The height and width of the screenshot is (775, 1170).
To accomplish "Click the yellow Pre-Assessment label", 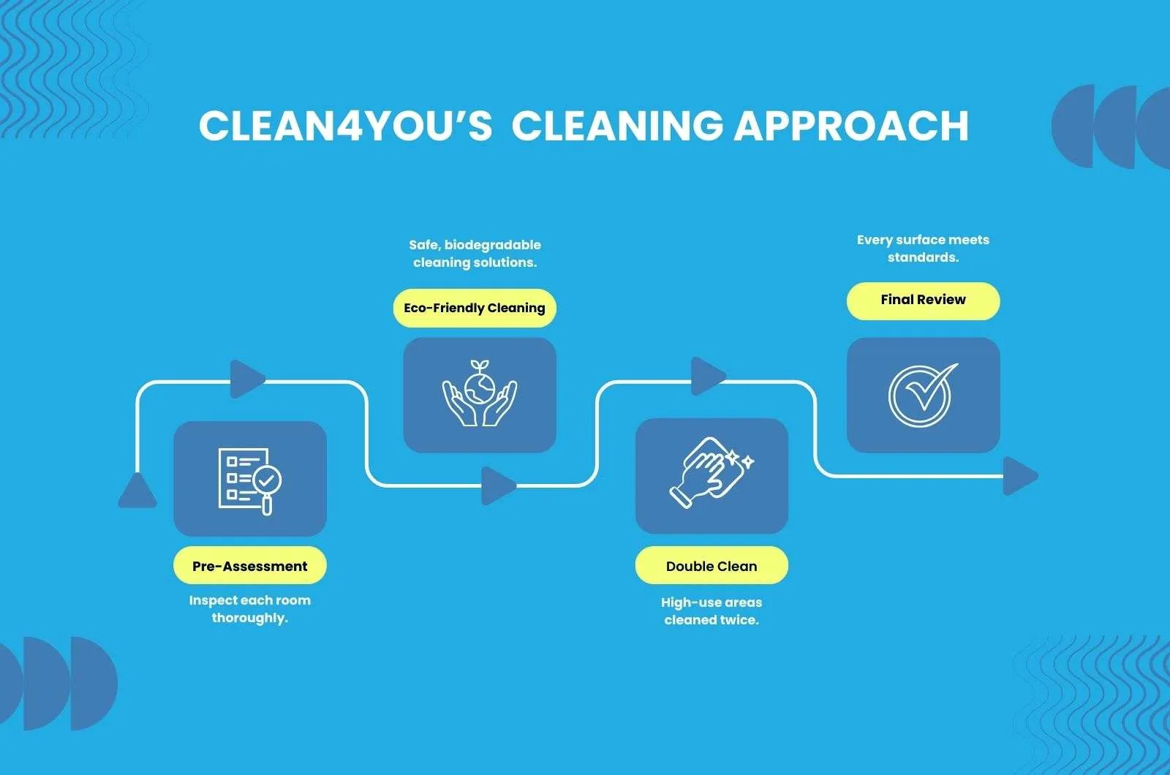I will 249,565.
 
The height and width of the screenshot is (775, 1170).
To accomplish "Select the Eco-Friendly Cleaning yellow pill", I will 475,308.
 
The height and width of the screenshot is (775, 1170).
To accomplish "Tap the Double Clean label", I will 711,566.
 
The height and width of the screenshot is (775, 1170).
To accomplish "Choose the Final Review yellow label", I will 923,300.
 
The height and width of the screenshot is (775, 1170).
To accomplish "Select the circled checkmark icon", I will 921,396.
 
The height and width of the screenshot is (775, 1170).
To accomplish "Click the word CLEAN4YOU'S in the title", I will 346,126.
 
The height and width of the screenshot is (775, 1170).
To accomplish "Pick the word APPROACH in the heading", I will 851,126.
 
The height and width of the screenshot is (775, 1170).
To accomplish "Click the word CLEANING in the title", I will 617,126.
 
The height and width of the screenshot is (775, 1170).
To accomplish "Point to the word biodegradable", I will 492,245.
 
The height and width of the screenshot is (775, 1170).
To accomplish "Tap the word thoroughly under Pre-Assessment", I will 249,618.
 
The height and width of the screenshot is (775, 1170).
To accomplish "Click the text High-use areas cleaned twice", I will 711,611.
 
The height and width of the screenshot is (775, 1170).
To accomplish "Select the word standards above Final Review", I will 923,257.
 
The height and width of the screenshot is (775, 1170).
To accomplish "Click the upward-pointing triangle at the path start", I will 137,491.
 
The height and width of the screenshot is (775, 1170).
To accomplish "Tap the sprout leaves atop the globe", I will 480,366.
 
